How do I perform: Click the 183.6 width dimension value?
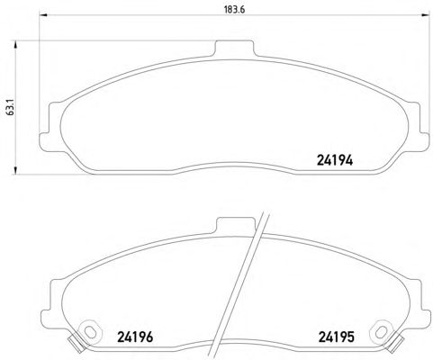234,10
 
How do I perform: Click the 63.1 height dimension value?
10,108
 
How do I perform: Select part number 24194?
335,160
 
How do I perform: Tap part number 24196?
135,337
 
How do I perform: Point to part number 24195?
336,337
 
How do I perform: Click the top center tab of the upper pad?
234,48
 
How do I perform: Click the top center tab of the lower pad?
236,225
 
